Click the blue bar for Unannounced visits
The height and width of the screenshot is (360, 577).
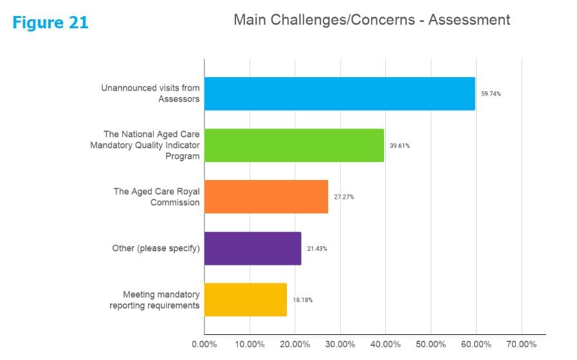(340, 94)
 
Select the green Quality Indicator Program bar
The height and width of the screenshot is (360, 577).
(294, 145)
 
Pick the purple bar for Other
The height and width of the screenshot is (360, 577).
(253, 248)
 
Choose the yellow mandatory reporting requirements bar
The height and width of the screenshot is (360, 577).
(246, 300)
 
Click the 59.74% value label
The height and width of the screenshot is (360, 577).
(491, 94)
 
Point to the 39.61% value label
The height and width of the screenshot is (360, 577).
(399, 145)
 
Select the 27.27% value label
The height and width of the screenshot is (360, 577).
(343, 197)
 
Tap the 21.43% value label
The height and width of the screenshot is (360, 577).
(316, 248)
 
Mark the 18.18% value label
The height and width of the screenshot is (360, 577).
(302, 300)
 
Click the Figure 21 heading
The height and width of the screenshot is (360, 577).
(50, 23)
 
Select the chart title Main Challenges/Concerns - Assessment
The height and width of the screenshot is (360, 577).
(371, 20)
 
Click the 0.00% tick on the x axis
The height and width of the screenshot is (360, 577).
(205, 345)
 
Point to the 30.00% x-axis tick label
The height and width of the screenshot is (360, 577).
(340, 345)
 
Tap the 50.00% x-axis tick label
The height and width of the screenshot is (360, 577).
(431, 345)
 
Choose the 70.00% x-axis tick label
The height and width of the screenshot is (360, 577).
(521, 345)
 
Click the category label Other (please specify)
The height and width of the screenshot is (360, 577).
(156, 248)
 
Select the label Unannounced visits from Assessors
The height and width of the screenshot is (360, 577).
(150, 94)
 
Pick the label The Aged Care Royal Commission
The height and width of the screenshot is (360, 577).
(156, 197)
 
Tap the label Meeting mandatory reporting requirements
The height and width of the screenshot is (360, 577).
(154, 300)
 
